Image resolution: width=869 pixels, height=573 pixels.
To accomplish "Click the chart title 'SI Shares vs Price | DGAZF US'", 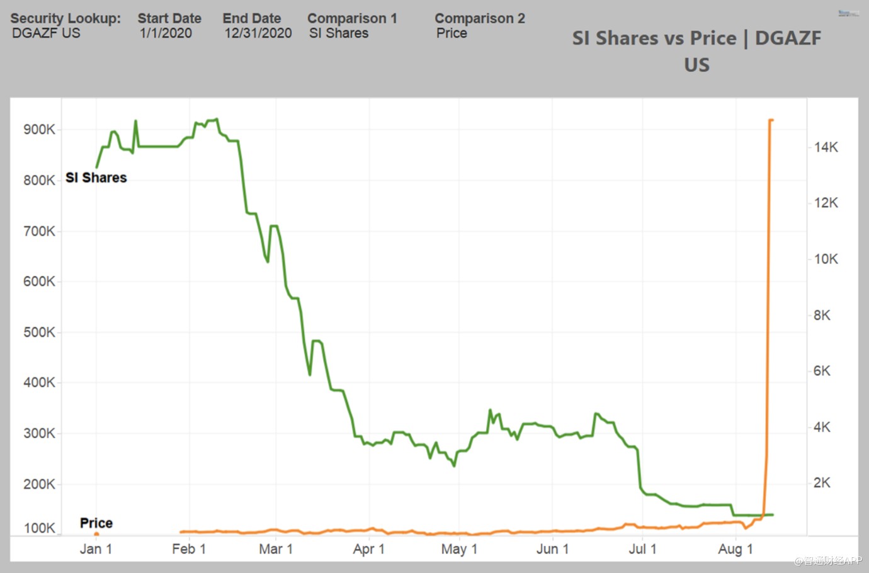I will coord(696,51).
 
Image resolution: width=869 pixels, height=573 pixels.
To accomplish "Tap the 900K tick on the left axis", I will coord(39,130).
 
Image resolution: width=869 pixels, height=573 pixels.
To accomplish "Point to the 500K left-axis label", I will coord(39,332).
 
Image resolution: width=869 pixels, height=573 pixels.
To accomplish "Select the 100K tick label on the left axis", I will coord(39,528).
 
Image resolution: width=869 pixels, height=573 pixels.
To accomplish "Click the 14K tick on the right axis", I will coord(826,147).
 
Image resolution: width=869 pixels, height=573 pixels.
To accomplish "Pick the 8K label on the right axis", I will coord(822,315).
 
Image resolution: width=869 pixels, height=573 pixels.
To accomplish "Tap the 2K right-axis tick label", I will coord(822,483).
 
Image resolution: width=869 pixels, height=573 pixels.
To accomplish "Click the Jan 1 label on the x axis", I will coord(96,549).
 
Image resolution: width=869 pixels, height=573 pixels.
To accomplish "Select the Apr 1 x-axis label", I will coord(368,549).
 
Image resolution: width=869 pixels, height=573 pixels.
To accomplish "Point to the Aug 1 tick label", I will coord(735,549).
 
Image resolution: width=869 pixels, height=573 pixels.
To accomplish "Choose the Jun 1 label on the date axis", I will coord(552,549).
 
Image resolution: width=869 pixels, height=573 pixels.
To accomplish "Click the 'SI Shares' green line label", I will coord(96,178).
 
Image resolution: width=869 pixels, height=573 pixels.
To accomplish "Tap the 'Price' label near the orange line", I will coord(96,523).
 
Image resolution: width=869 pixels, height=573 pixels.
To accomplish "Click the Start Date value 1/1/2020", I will coord(166,33).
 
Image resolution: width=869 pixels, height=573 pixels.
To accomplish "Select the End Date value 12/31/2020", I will coord(258,33).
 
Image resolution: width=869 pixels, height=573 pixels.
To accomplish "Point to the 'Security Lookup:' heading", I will coord(65,19).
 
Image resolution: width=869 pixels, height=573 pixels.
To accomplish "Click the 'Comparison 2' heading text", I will coord(480,19).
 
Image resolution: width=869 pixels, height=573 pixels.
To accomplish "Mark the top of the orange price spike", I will coord(771,120).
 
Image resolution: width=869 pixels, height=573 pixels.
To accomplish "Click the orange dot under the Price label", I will coord(96,534).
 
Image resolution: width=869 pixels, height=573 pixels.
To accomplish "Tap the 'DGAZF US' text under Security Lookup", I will coord(47,33).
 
